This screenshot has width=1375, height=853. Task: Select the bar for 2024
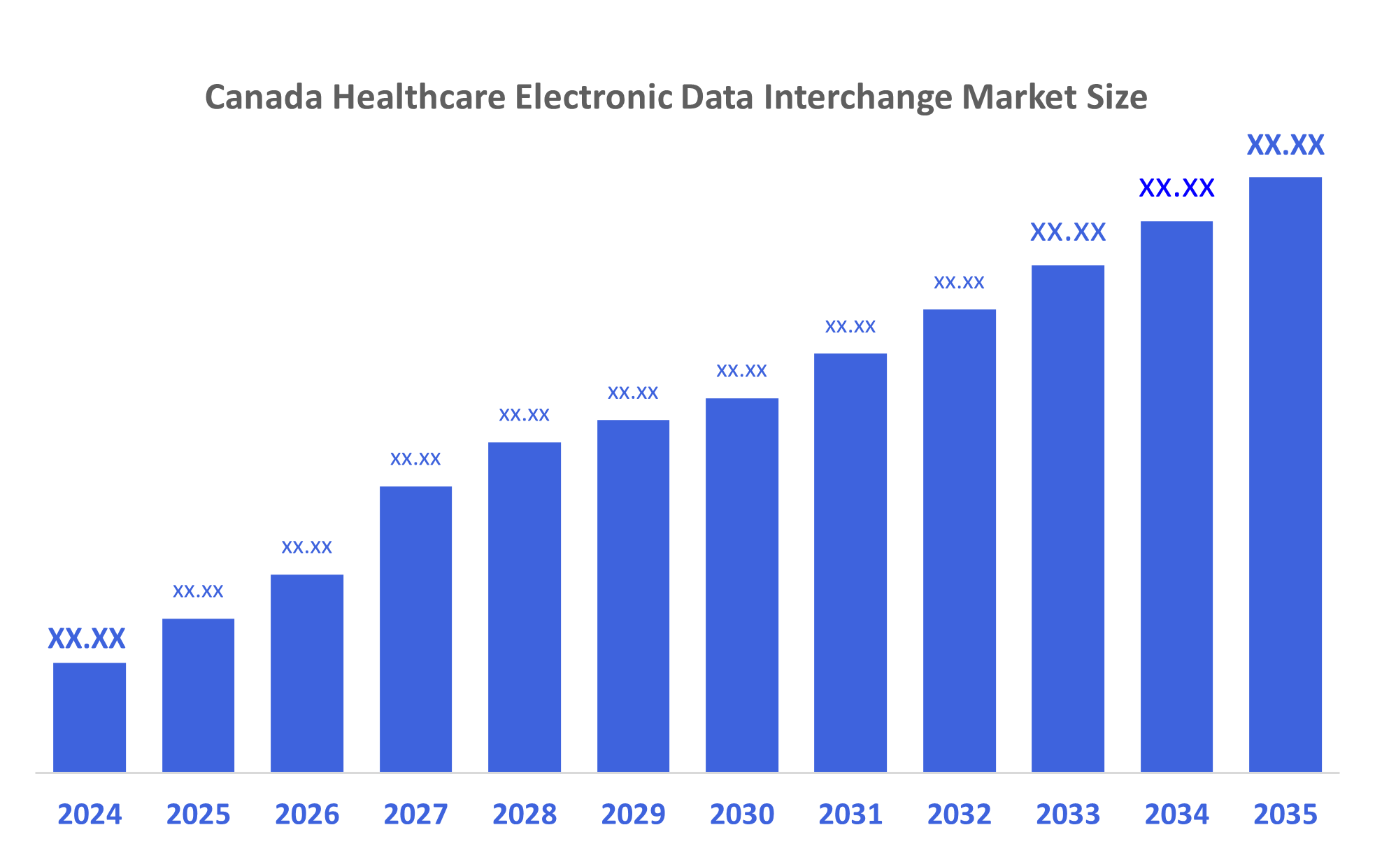click(x=90, y=717)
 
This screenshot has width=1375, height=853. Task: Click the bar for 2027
click(x=415, y=629)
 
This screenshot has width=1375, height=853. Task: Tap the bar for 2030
click(x=741, y=585)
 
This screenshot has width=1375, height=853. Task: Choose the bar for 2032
click(x=959, y=540)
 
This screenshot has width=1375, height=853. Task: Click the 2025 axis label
click(x=198, y=815)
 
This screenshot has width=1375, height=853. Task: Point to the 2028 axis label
click(x=525, y=815)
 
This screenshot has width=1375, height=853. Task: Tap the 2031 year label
click(x=850, y=815)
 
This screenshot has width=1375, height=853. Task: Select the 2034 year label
click(x=1176, y=815)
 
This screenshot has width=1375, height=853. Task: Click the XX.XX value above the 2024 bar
click(x=87, y=638)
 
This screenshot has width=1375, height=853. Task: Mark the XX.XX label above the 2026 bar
click(x=306, y=547)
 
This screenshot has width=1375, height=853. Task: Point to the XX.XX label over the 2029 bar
click(x=633, y=393)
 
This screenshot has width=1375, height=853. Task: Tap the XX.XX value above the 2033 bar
click(x=1068, y=232)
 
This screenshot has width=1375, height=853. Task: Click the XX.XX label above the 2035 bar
click(x=1285, y=146)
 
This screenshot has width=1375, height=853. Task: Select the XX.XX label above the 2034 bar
click(x=1176, y=188)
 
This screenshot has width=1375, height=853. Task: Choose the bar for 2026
click(x=307, y=673)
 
